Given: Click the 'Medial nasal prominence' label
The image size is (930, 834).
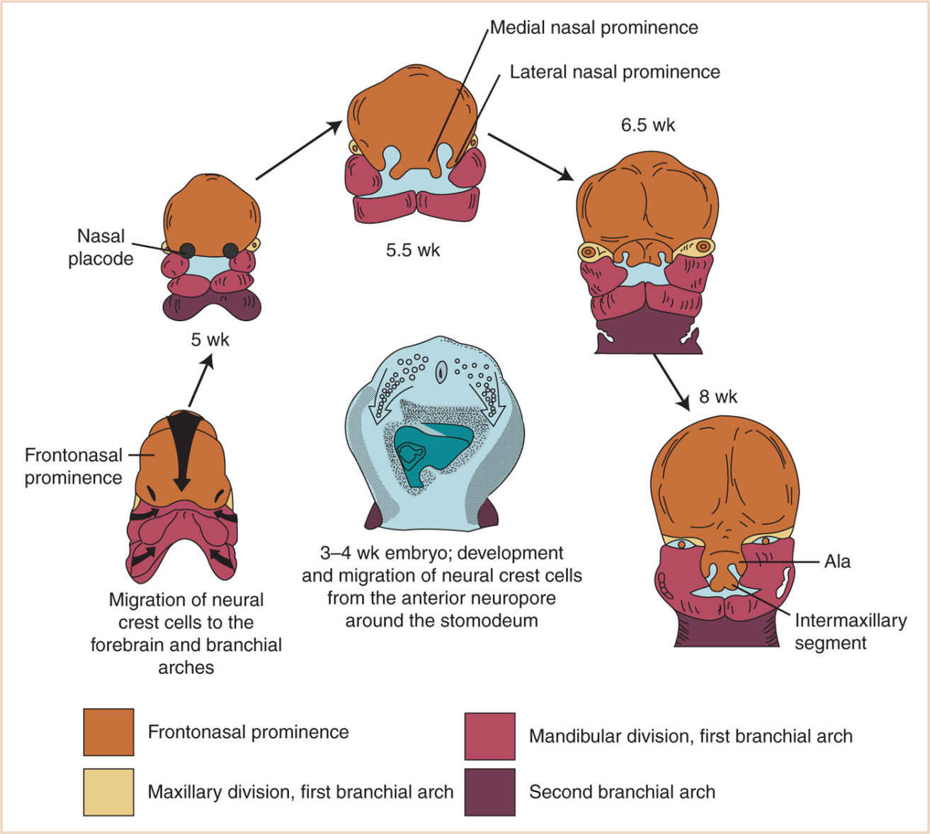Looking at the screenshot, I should coord(594,28).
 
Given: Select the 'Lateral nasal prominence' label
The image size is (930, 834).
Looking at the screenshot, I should coord(615,72).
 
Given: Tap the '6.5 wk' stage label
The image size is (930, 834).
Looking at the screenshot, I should coord(648,125).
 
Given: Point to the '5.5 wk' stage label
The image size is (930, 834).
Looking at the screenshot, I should coord(413,250).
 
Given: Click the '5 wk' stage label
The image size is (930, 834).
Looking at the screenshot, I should coord(210,340).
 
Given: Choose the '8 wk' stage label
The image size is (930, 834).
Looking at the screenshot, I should coord(718,397).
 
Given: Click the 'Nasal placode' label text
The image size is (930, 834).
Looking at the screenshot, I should coord(101,247).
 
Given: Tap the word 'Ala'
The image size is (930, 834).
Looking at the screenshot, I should coord(837,562).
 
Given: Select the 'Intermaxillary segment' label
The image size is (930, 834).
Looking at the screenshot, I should coord(850,632).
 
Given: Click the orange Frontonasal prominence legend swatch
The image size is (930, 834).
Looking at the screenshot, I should coord(108,732).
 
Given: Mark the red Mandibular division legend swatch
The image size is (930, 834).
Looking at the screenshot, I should coord(489,736).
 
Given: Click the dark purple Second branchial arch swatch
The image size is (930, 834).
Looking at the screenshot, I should coord(489,792).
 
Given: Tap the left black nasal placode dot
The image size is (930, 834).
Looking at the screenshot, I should coord(188,249).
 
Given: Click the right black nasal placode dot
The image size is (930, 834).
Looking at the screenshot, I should coord(231,249).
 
